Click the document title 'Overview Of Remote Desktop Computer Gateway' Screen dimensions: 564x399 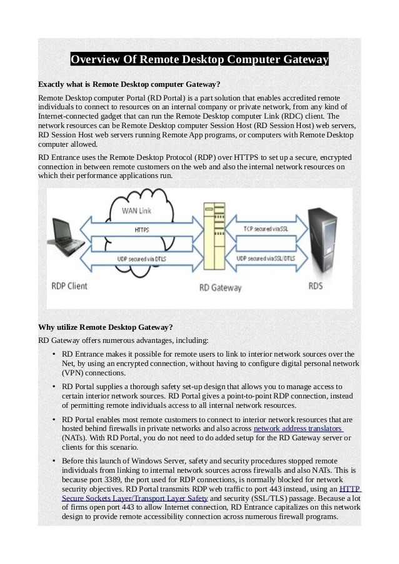(199, 60)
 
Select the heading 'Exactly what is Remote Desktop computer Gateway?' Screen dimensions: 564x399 (129, 84)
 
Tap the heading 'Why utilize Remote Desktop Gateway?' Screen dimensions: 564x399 (105, 327)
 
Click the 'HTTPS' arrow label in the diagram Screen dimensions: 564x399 (141, 230)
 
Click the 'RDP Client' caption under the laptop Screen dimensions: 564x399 (69, 285)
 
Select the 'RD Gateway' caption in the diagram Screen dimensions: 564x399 (212, 289)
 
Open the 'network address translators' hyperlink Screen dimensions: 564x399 (298, 429)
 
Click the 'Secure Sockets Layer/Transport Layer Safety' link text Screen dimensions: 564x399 (135, 498)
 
